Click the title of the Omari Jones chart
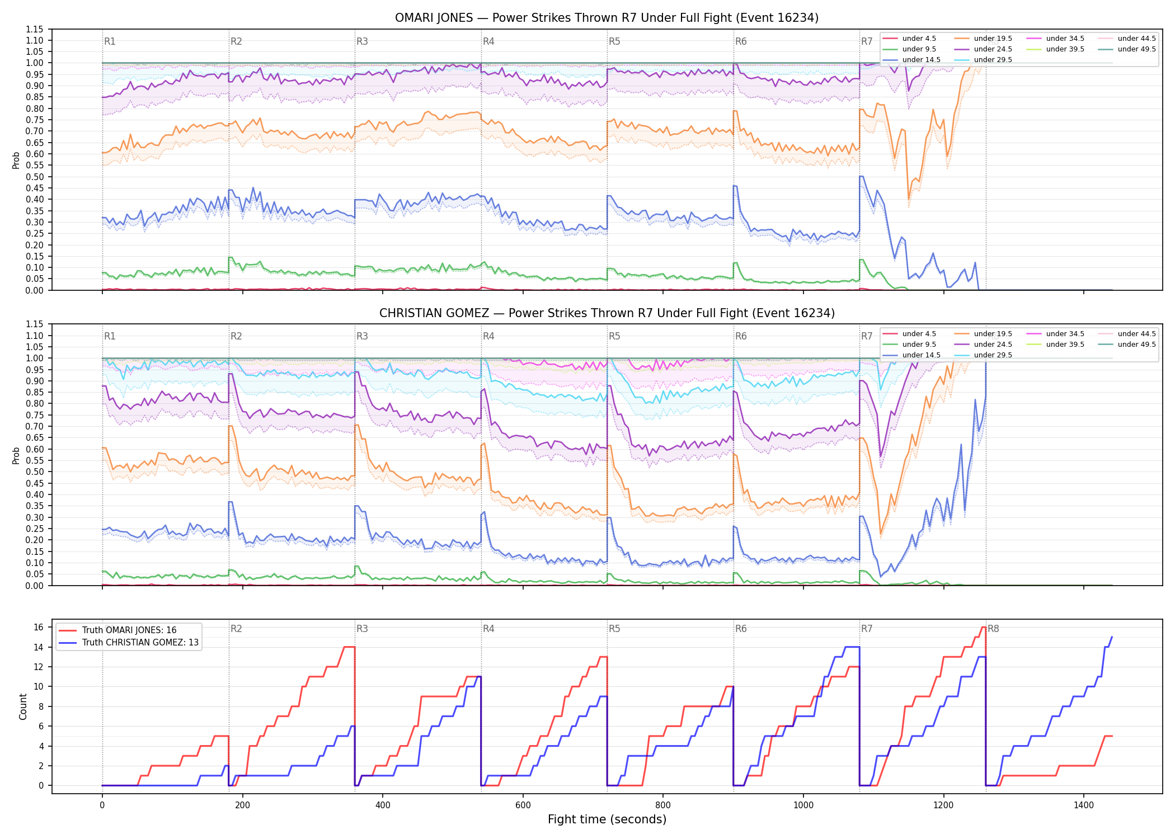(607, 18)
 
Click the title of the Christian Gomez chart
(607, 313)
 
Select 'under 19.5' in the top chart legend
(993, 39)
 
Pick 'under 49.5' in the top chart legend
(1136, 49)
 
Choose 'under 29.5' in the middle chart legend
(993, 355)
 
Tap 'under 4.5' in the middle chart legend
(919, 334)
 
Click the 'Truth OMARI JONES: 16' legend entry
(129, 630)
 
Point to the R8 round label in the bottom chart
(993, 629)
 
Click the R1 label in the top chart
(110, 41)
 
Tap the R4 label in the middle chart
(488, 336)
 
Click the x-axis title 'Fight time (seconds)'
(607, 819)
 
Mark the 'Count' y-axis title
(23, 706)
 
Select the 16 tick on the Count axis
(39, 628)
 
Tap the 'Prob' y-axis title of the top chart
(16, 160)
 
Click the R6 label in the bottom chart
(741, 629)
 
